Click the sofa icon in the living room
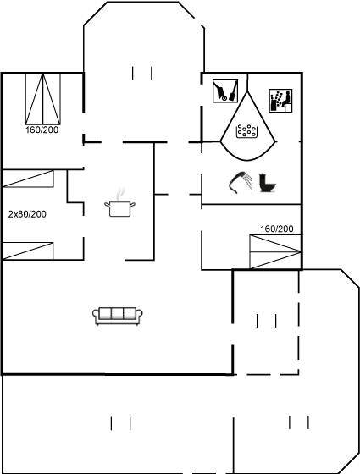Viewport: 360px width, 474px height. [118, 317]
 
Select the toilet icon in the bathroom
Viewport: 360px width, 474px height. [268, 183]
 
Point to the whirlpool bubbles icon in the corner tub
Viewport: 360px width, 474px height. [246, 131]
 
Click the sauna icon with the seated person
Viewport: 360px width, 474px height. [280, 101]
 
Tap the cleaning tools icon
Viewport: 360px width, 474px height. [225, 91]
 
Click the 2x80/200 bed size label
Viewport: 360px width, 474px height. [27, 214]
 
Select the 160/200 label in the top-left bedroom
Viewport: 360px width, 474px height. [42, 130]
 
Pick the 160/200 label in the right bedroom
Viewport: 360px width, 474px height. [277, 229]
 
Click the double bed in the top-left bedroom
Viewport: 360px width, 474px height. [43, 99]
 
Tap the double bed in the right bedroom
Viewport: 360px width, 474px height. [275, 251]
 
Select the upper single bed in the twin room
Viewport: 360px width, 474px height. [28, 179]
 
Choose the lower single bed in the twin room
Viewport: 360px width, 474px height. [28, 251]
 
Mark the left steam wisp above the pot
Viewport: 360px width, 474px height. [119, 195]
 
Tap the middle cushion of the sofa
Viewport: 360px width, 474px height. [118, 313]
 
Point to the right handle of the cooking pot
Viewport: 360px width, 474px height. [132, 205]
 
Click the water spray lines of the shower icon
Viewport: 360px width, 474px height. [248, 180]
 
